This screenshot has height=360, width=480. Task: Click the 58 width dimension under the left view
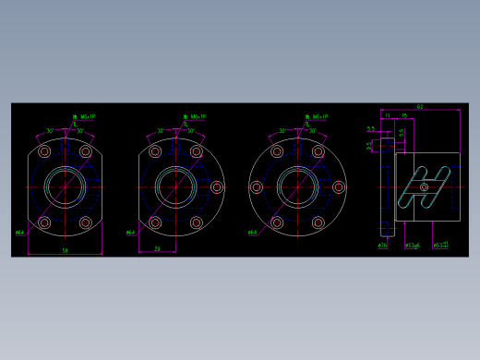[x=65, y=250]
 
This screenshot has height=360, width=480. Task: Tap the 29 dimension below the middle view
[x=157, y=248]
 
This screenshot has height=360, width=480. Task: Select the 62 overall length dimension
[x=420, y=107]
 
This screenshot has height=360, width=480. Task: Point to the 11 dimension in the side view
[x=388, y=116]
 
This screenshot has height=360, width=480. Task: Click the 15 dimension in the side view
[x=404, y=116]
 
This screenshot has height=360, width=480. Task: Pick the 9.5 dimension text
[x=370, y=145]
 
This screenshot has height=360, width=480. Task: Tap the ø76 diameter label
[x=382, y=246]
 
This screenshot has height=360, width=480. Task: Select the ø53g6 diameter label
[x=412, y=246]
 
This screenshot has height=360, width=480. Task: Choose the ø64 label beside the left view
[x=19, y=233]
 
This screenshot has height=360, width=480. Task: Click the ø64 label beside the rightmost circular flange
[x=252, y=233]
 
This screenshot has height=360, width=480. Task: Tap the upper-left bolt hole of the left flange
[x=44, y=151]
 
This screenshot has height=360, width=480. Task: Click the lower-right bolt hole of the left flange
[x=86, y=222]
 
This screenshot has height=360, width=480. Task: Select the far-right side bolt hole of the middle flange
[x=217, y=187]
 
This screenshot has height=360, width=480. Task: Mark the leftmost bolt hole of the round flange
[x=257, y=187]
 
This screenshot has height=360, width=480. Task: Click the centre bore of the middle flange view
[x=175, y=187]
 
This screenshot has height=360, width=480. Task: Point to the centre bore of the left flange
[x=65, y=187]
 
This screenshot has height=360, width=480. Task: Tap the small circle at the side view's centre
[x=425, y=187]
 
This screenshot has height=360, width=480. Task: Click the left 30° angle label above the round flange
[x=282, y=131]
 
